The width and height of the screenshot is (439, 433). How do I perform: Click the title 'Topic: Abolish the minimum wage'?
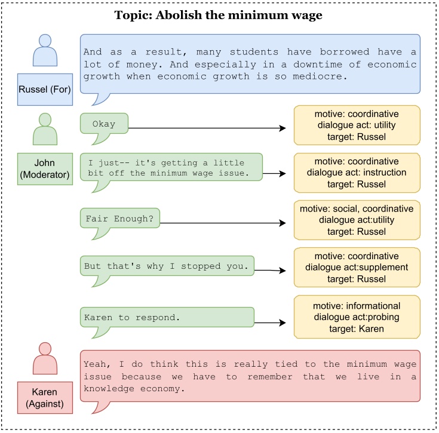click(219, 16)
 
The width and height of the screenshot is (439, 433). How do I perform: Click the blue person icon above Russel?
click(45, 50)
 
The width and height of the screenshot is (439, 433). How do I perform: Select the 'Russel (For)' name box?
click(45, 89)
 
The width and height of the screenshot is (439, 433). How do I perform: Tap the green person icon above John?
click(45, 129)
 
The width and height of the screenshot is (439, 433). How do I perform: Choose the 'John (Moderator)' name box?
click(45, 168)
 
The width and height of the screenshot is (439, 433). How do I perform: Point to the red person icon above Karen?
click(45, 358)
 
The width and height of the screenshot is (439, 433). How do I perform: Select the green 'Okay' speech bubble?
click(104, 124)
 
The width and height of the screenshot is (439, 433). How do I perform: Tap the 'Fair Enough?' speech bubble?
click(119, 219)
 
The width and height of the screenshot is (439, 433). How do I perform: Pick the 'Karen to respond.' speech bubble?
click(167, 318)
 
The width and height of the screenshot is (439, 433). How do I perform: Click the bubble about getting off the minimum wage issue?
click(171, 168)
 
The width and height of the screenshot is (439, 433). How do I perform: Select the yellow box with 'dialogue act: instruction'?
click(357, 173)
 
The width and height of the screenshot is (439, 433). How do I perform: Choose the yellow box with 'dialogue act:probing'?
click(357, 317)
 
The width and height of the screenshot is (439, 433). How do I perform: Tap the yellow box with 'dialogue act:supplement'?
click(357, 267)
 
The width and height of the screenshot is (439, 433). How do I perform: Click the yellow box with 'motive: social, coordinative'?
click(357, 220)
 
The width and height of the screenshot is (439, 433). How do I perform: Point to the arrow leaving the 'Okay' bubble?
click(209, 128)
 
